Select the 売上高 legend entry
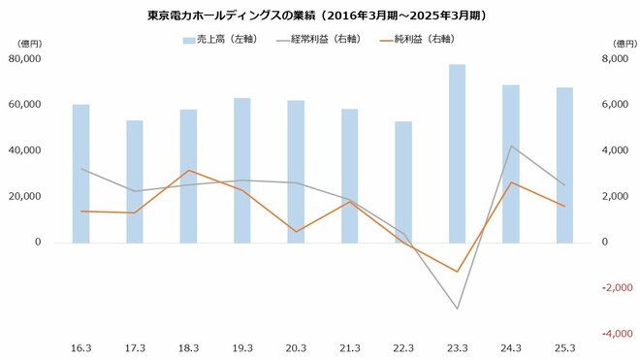(217, 40)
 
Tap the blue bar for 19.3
(242, 170)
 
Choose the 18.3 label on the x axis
(189, 346)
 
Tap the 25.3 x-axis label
(564, 346)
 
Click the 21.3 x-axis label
(350, 346)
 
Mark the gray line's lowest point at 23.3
(458, 309)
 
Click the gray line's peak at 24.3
(511, 147)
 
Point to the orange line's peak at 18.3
(189, 171)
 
